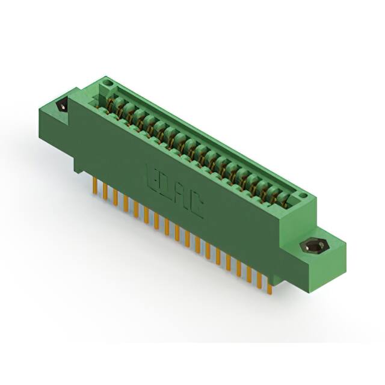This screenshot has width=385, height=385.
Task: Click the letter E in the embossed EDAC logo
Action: click(151, 175)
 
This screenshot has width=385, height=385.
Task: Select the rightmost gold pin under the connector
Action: click(269, 288)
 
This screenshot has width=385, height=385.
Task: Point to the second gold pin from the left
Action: click(105, 191)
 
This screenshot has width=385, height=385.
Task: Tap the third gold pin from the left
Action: click(115, 197)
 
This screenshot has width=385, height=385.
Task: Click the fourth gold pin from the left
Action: click(125, 203)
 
